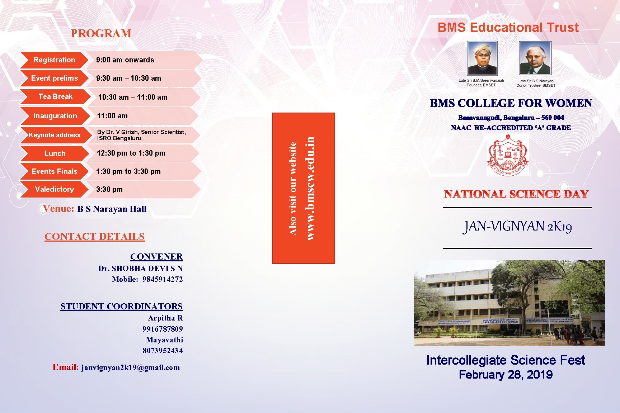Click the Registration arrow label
point(54,60)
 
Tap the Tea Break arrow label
point(55,96)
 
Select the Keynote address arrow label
point(55,135)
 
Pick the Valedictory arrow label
point(54,189)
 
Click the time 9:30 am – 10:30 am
point(128,78)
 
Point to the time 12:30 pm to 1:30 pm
point(131,153)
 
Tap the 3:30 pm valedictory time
point(109,189)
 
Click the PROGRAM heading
point(101,33)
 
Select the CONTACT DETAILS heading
point(94,237)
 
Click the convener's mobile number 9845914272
point(163,279)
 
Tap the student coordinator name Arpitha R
point(165,318)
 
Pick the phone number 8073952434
point(163,350)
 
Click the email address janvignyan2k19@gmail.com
point(131,367)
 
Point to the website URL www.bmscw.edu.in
point(310,188)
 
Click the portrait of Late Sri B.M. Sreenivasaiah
point(482,58)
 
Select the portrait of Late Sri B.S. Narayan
point(535,58)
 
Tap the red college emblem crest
point(507,155)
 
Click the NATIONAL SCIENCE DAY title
point(516,194)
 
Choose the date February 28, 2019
point(506,375)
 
